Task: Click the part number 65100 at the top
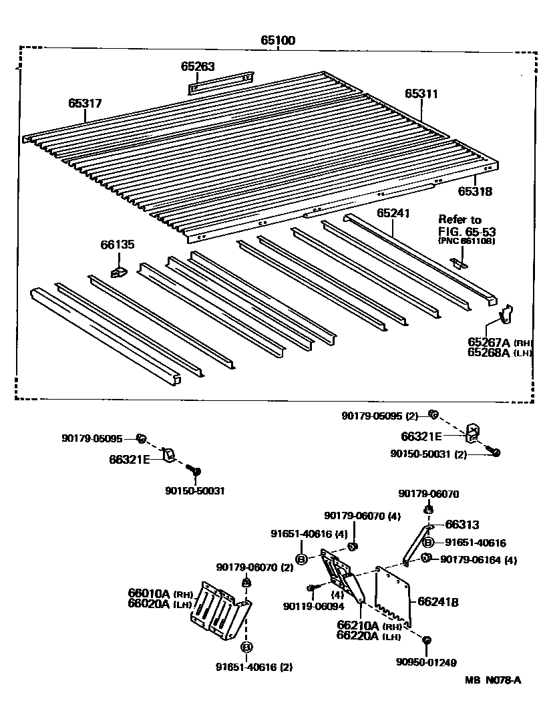click(278, 40)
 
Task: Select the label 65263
click(197, 66)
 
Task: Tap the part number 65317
click(85, 103)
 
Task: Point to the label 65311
click(421, 94)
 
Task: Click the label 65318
click(475, 191)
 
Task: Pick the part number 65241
click(393, 213)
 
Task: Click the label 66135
click(118, 245)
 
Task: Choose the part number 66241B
click(438, 601)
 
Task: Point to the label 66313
click(462, 525)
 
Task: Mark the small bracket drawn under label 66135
click(118, 271)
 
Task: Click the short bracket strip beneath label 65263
click(220, 82)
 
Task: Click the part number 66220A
click(357, 635)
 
